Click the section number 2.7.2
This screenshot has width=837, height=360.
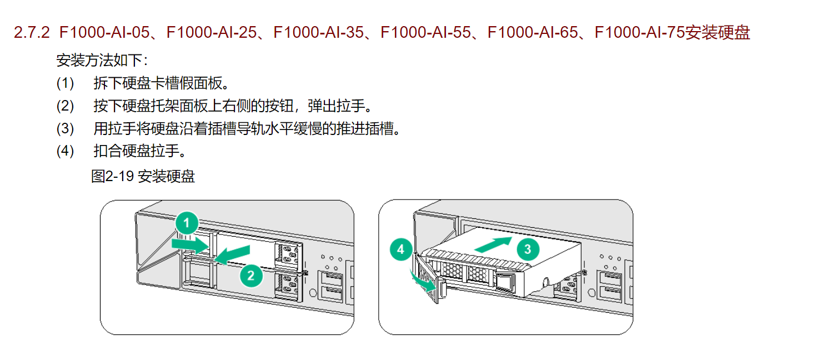coord(33,33)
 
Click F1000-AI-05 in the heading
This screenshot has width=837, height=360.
coord(104,33)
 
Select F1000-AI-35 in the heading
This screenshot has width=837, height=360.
coord(318,33)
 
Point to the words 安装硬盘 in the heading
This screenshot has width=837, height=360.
coord(718,33)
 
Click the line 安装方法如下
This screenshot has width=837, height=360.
coord(103,60)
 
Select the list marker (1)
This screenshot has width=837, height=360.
coord(65,84)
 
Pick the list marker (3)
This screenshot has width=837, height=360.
coord(65,129)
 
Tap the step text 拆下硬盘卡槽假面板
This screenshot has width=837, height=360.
coord(162,84)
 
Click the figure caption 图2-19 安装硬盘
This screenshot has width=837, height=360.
coord(143,177)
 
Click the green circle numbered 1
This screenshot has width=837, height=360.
coord(187,223)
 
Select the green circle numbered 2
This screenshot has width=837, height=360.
coord(251,274)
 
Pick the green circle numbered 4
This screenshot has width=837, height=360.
coord(401,250)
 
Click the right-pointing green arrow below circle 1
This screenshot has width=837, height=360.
coord(189,243)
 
